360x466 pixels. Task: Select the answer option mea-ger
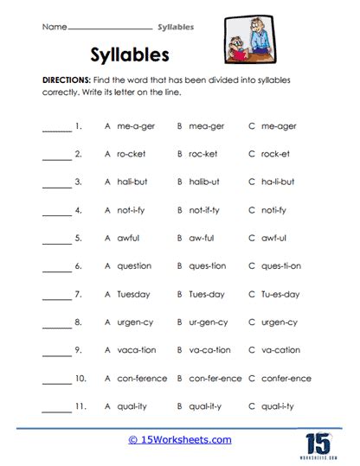coord(207,126)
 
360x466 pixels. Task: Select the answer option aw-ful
coord(204,238)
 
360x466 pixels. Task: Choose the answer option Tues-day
coord(208,294)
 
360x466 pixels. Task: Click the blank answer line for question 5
coord(56,241)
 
